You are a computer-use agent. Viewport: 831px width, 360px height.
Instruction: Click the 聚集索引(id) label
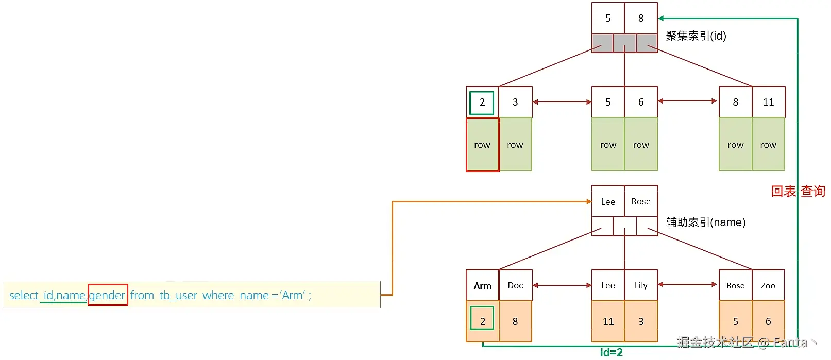(x=696, y=36)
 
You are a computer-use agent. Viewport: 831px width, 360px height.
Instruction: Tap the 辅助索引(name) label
(x=706, y=222)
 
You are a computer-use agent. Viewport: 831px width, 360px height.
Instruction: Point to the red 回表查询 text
(x=798, y=191)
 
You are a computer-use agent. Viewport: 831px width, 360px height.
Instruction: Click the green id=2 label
(x=612, y=353)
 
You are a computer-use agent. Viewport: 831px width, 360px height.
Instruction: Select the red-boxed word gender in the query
(x=108, y=295)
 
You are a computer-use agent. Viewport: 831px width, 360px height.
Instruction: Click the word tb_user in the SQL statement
(x=178, y=296)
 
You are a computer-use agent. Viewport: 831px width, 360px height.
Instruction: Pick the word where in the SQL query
(x=218, y=296)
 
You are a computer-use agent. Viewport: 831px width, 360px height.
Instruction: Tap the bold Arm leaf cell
(x=483, y=285)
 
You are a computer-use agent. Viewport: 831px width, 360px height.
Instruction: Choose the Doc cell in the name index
(x=515, y=285)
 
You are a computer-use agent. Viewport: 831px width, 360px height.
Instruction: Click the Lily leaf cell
(x=641, y=285)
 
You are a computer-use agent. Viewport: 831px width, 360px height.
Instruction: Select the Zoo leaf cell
(x=768, y=285)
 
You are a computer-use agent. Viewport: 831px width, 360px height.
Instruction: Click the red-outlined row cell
(x=483, y=145)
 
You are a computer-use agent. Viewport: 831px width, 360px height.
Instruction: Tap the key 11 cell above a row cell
(x=768, y=102)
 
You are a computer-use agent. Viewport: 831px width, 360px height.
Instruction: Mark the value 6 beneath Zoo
(x=768, y=321)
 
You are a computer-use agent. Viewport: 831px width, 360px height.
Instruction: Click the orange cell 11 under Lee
(x=608, y=321)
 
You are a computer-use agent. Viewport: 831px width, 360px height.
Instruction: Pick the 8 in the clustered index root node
(x=641, y=18)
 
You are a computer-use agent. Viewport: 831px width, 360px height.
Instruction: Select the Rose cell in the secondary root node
(x=641, y=201)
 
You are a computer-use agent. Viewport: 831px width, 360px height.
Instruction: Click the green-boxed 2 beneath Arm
(x=482, y=318)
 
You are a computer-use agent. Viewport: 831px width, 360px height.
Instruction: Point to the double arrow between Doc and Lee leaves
(x=562, y=285)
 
